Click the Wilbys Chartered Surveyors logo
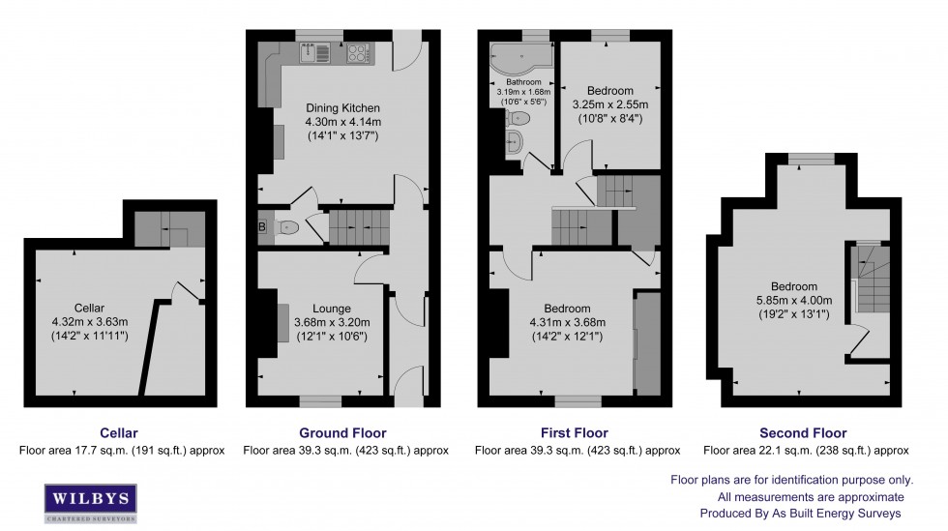point(91,503)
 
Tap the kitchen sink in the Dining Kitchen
point(315,52)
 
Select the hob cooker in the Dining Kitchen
point(359,53)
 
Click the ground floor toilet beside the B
point(286,227)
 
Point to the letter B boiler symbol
point(262,227)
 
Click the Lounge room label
point(331,309)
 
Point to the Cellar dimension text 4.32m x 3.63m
point(89,322)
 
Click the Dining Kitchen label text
point(342,108)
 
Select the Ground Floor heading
point(342,433)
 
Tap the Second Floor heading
point(803,433)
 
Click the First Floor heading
point(575,433)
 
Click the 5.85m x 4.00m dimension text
point(794,301)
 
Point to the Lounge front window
point(320,401)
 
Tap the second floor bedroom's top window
point(812,159)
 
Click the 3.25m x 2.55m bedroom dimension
point(610,104)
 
